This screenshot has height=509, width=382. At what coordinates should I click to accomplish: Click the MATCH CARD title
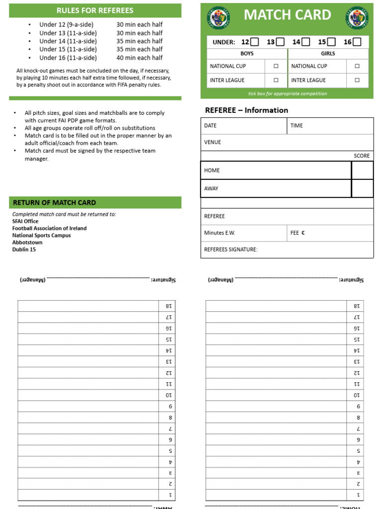tap(287, 15)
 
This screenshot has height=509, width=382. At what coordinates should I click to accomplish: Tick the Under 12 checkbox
tap(254, 42)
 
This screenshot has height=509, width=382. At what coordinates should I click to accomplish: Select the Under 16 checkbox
tap(357, 42)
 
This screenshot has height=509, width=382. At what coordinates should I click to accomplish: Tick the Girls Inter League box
tap(357, 80)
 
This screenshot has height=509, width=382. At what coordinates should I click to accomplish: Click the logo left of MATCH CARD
tap(216, 16)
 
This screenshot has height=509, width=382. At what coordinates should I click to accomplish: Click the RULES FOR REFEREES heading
tap(95, 10)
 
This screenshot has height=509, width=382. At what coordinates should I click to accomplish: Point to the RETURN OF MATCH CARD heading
tap(54, 203)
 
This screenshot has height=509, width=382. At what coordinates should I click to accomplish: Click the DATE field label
tap(210, 126)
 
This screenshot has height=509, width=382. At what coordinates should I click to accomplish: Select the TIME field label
tap(296, 126)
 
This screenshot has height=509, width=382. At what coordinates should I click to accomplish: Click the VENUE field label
tap(212, 142)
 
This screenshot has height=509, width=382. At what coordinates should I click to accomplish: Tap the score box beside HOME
tap(362, 170)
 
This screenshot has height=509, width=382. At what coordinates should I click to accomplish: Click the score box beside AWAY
tap(362, 188)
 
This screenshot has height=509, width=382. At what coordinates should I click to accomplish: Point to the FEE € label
tap(297, 233)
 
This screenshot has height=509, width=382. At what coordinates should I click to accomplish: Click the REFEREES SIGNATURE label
tap(231, 250)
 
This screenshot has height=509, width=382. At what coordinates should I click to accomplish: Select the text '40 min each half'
tap(139, 58)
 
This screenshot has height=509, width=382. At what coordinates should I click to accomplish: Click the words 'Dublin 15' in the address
tap(24, 250)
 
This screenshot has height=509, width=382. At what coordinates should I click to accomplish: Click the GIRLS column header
tap(328, 54)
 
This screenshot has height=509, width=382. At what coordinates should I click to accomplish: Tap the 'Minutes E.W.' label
tap(219, 233)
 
